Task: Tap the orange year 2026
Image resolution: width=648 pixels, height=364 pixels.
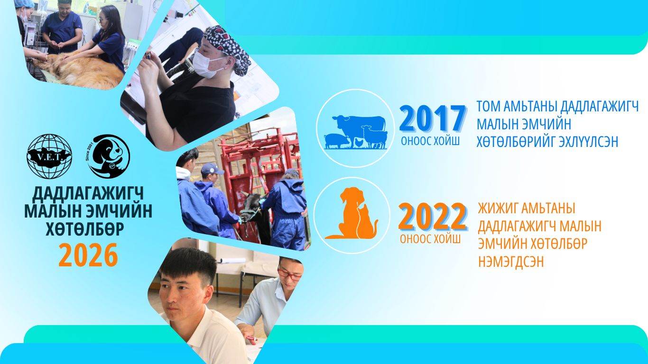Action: click(88, 255)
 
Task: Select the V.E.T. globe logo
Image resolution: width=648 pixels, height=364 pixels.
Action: click(49, 156)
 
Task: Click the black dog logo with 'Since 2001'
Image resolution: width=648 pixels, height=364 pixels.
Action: click(109, 156)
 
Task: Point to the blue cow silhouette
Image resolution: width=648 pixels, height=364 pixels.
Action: click(359, 127)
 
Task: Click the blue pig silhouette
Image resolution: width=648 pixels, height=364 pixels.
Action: click(337, 141)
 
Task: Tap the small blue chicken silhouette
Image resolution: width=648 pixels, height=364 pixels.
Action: click(359, 143)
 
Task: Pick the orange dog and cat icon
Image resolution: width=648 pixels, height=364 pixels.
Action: click(352, 213)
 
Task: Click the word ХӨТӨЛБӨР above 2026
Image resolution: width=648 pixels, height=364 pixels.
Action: click(85, 229)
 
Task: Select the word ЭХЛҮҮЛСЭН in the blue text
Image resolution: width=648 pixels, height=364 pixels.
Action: click(588, 142)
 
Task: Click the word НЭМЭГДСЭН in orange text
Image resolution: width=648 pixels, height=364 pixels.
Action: click(511, 261)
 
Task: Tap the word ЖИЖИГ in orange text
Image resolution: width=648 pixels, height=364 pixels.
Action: click(497, 209)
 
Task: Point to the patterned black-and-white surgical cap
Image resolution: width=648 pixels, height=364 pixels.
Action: click(227, 48)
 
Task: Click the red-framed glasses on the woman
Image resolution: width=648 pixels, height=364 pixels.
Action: click(289, 273)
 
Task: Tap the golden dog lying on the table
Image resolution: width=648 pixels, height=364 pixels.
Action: click(76, 69)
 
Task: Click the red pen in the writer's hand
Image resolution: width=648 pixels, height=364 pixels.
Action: click(251, 338)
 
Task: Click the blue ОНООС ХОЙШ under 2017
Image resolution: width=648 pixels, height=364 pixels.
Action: click(430, 141)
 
